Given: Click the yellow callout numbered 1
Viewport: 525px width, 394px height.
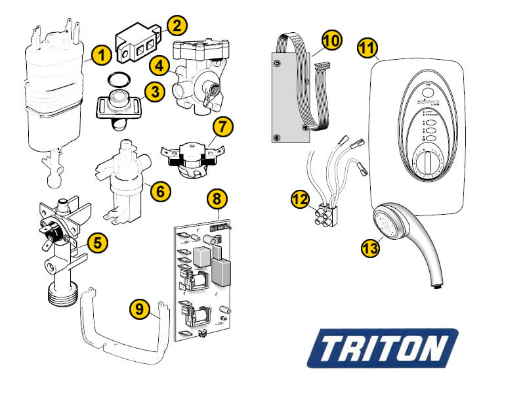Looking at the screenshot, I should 100,55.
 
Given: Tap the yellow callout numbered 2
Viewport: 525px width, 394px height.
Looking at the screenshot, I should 177,26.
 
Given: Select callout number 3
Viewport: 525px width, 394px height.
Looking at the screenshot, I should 155,92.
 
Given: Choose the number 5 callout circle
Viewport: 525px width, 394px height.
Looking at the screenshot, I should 96,243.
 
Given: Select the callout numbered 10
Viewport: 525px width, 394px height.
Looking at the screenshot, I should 332,41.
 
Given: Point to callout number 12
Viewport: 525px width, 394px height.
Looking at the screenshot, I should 300,200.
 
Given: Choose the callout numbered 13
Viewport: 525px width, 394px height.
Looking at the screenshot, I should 370,248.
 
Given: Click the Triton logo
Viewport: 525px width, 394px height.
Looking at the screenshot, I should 383,347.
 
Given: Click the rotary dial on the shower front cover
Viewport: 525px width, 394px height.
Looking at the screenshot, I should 428,164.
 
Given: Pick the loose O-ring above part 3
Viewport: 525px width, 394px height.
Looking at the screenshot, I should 119,81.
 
